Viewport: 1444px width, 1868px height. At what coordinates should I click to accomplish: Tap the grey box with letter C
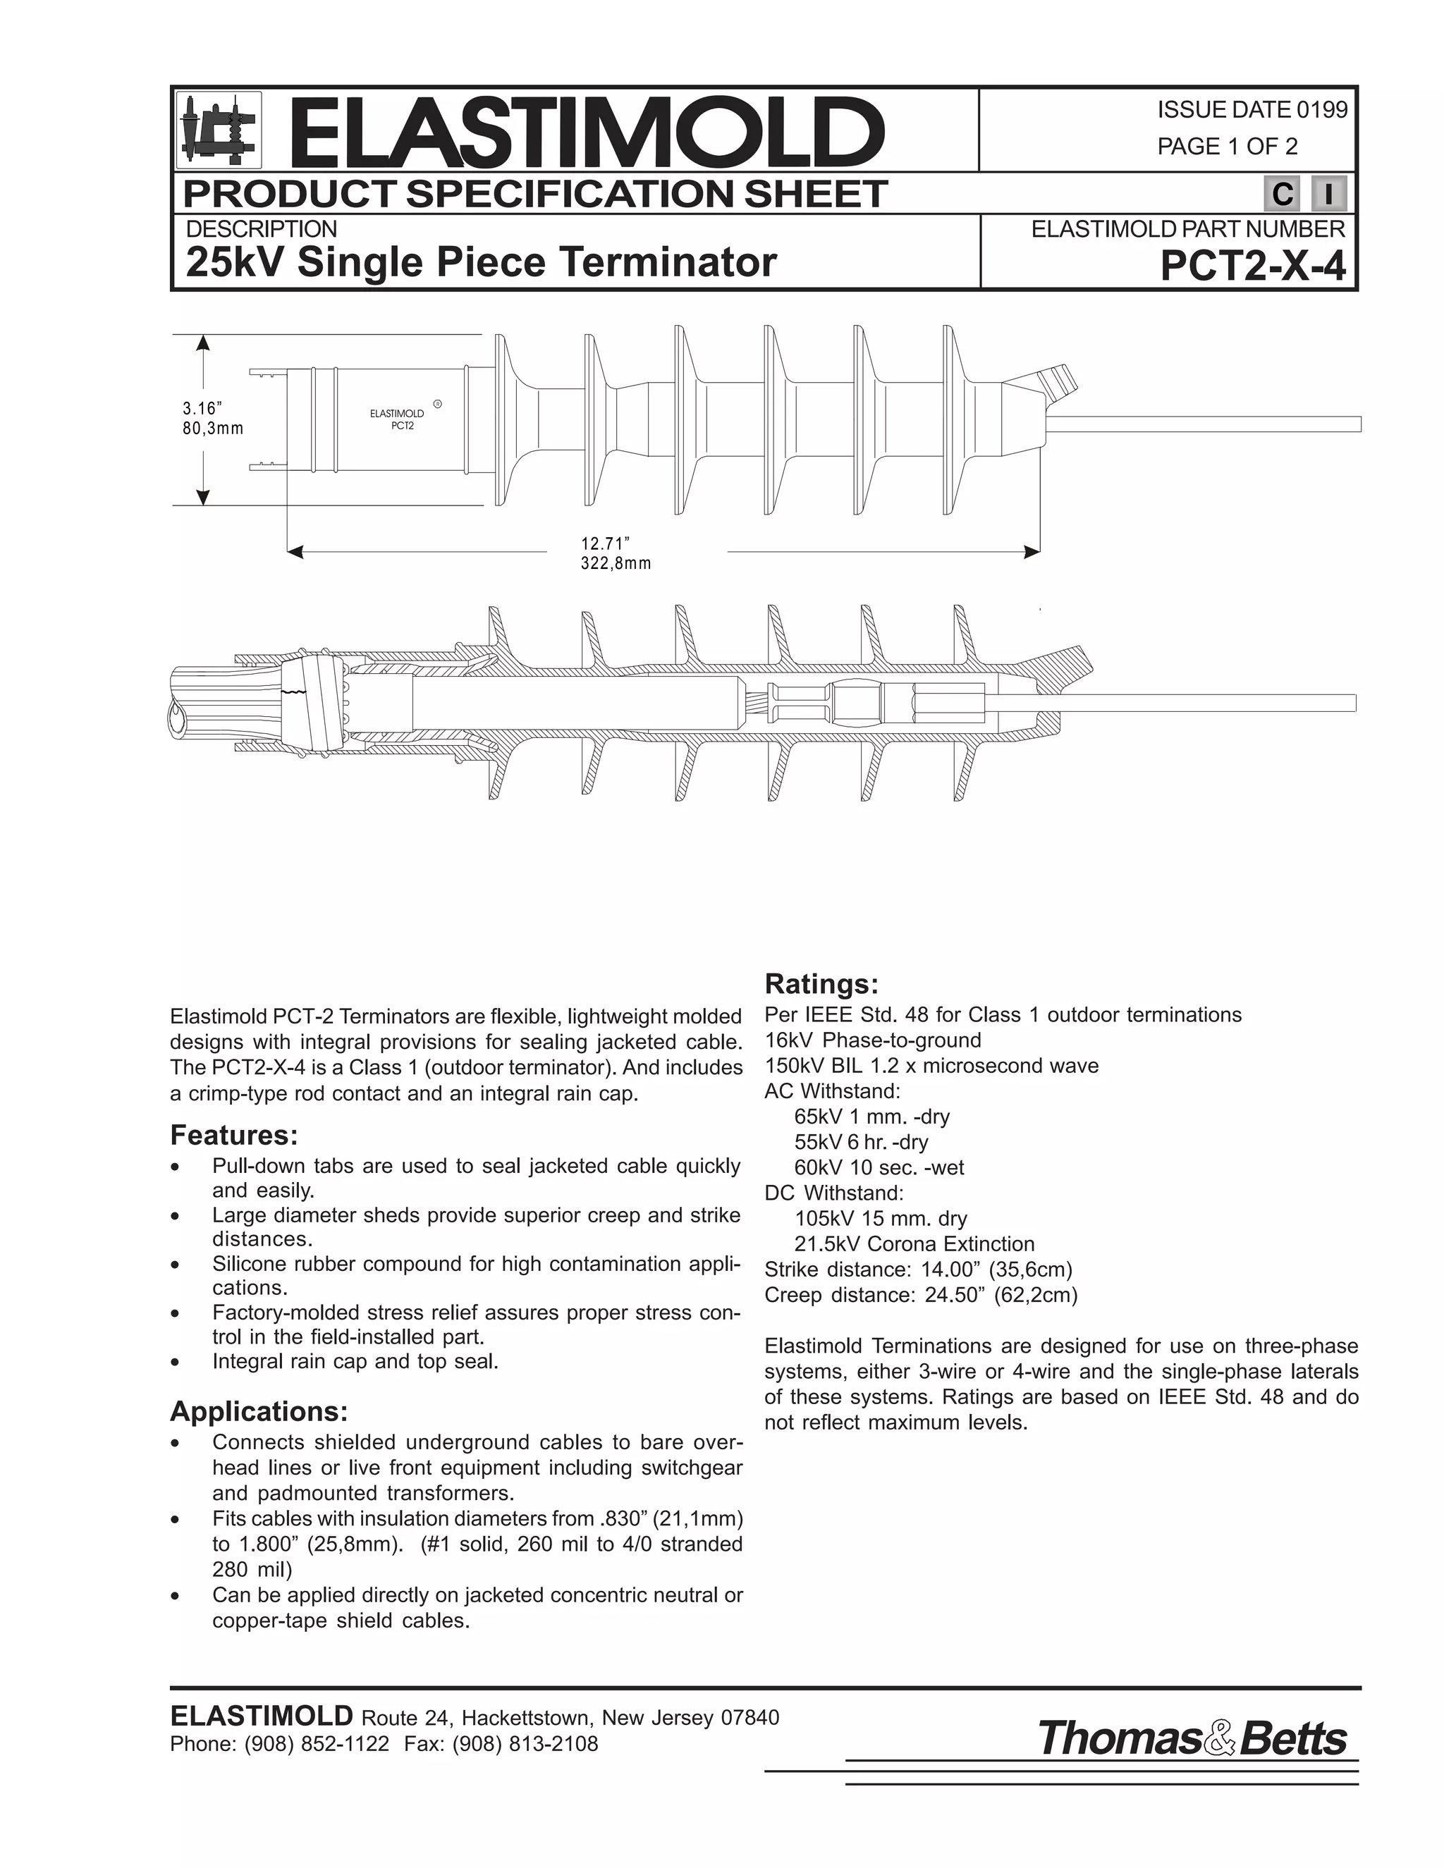pos(1281,194)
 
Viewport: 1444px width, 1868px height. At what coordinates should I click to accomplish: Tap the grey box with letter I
pos(1328,194)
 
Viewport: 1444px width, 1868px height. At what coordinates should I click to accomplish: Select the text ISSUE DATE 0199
pos(1252,109)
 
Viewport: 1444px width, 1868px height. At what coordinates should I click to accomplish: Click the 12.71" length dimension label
pos(605,543)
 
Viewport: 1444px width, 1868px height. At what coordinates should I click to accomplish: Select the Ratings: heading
pos(821,985)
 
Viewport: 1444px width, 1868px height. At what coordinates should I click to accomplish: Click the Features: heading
pos(233,1136)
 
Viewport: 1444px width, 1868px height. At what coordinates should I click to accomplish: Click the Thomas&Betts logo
pos(1192,1738)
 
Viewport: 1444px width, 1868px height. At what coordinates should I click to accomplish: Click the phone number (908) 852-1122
pos(316,1744)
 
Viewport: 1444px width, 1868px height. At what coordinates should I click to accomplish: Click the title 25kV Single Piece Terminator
pos(481,262)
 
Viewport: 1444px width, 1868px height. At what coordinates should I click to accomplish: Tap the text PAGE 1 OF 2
pos(1227,146)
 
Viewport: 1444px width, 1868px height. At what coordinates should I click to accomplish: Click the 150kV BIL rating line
pos(931,1066)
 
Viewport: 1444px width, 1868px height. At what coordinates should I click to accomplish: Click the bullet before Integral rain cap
pos(176,1363)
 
